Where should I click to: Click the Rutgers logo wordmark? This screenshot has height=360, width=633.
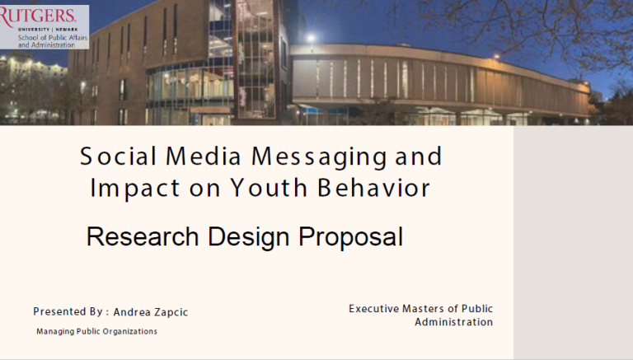tap(38, 16)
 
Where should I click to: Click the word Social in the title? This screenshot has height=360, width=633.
tap(119, 157)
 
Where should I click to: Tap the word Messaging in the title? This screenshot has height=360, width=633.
tap(319, 157)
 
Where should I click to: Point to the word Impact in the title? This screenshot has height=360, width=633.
tap(134, 189)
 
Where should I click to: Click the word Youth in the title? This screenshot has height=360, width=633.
tap(269, 188)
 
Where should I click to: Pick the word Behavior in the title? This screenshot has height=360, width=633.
tap(374, 188)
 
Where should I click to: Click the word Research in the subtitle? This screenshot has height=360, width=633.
tap(143, 236)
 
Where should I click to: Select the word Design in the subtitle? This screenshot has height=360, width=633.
tap(248, 238)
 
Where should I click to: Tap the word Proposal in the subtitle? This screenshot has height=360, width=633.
tap(351, 238)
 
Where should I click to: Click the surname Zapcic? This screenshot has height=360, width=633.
tap(171, 312)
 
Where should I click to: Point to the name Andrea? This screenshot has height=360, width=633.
tap(132, 312)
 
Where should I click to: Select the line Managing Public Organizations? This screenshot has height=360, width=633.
tap(96, 331)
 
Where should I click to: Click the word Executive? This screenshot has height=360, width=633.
tap(373, 309)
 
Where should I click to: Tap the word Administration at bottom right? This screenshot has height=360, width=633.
tap(454, 322)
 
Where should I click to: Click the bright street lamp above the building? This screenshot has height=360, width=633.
tap(311, 39)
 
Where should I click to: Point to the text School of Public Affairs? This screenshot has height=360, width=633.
tap(53, 38)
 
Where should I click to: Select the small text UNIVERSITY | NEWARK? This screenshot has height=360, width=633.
tap(48, 30)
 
